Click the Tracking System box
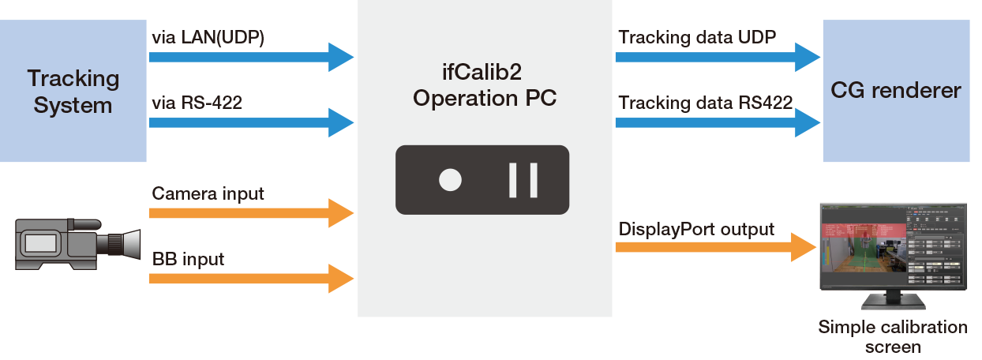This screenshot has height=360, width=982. click(x=73, y=91)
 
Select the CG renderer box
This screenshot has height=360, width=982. click(x=896, y=91)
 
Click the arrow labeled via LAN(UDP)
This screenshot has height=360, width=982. click(x=251, y=57)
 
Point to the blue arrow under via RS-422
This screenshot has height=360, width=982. click(x=251, y=122)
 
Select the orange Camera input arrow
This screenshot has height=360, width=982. click(x=251, y=212)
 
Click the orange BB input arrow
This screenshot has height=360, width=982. click(x=251, y=277)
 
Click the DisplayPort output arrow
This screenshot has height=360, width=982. click(x=714, y=247)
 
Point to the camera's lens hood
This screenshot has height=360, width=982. click(x=131, y=242)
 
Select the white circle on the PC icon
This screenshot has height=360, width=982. click(x=450, y=180)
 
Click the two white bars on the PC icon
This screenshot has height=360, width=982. click(x=523, y=180)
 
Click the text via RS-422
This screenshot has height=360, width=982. click(x=196, y=103)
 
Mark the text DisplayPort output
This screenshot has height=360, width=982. click(x=695, y=230)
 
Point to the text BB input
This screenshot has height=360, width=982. click(x=188, y=258)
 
